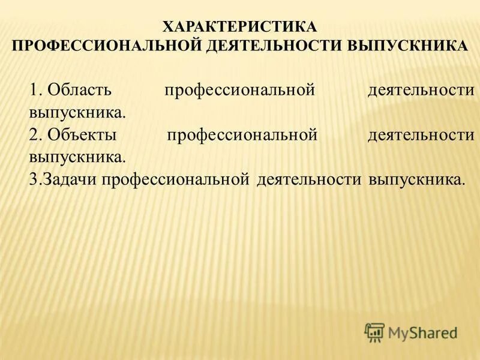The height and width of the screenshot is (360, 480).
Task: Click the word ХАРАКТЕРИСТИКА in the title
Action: [x=240, y=27]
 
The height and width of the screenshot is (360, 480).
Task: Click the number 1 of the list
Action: [x=33, y=91]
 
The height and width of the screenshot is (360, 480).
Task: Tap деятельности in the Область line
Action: [x=421, y=91]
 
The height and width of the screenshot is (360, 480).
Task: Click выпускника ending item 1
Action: [x=77, y=112]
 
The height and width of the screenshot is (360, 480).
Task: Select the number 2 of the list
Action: [x=34, y=135]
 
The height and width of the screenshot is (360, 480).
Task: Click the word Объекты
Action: [x=82, y=135]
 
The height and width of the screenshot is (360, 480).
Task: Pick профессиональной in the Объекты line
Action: [x=242, y=135]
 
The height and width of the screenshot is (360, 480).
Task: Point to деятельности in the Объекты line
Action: [x=421, y=135]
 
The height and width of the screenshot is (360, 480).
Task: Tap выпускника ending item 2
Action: [x=77, y=157]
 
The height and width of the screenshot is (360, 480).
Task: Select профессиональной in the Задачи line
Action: [x=175, y=179]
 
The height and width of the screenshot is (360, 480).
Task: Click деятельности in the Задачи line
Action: [x=309, y=179]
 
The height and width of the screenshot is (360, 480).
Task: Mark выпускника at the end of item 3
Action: [x=417, y=179]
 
